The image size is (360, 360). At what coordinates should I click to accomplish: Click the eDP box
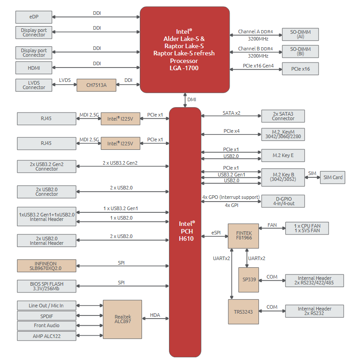coord(34,17)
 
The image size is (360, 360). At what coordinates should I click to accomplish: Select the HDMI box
coord(34,68)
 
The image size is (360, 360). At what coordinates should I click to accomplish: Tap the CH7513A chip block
coord(96,85)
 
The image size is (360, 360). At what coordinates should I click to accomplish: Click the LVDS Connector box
coord(34,85)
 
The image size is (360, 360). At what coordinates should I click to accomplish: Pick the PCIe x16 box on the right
coord(300,69)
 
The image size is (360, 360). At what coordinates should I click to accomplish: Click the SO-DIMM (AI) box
coord(300,34)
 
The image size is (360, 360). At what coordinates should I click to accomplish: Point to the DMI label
coord(192,99)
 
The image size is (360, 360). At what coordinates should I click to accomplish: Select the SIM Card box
coord(332,177)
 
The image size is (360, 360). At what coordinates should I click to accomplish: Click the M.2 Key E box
coord(283,155)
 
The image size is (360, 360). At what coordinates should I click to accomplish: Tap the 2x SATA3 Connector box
coord(283,116)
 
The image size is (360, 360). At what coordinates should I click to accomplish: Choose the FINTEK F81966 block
coord(244,236)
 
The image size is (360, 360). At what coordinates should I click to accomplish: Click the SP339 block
coord(249,279)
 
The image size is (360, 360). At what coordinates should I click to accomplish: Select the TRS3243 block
coord(243,312)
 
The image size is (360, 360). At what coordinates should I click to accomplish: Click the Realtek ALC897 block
coord(123,319)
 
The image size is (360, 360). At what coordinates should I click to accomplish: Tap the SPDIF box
coord(46,316)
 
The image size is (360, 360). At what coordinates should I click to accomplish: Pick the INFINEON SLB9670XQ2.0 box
coord(46,265)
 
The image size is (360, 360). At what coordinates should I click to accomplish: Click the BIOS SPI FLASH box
coord(46,286)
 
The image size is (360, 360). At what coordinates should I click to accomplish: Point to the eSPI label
coord(216,233)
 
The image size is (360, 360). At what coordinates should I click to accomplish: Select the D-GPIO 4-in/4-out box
coord(283,201)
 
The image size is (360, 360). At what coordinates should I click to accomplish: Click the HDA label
coord(155,315)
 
